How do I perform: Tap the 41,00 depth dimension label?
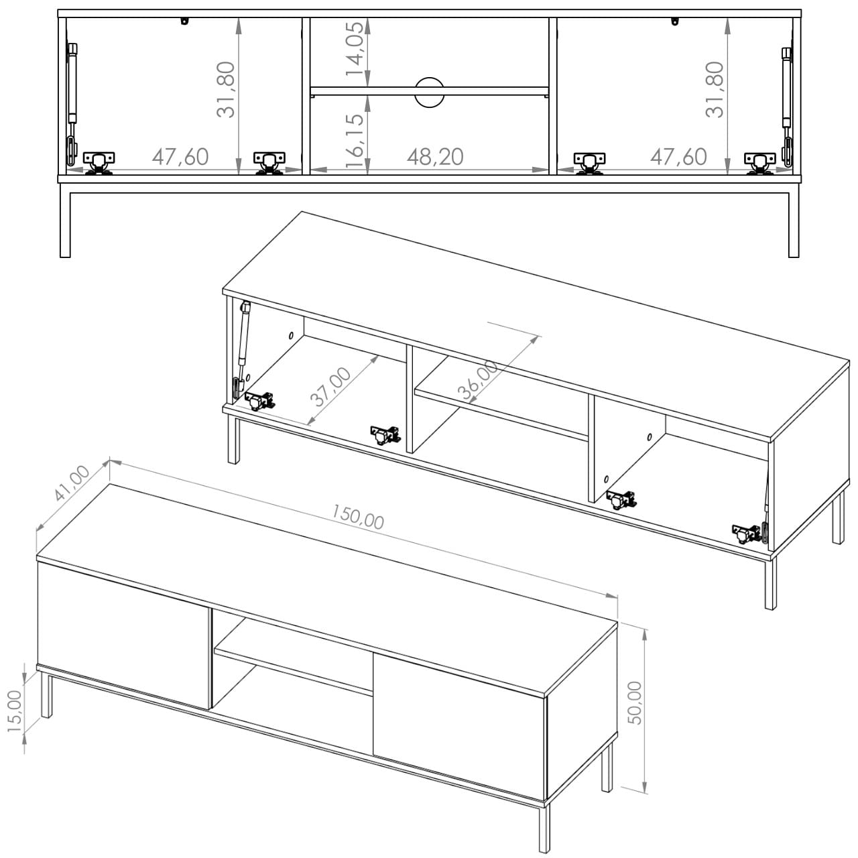point(72,484)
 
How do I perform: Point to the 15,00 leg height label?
point(15,711)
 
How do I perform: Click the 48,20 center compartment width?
point(435,157)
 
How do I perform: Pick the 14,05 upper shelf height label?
point(355,49)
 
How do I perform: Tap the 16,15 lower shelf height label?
point(355,140)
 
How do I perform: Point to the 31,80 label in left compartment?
point(226,90)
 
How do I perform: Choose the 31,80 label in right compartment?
point(715,90)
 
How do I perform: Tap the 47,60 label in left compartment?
point(180,157)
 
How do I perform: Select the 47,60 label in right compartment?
point(678,157)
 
